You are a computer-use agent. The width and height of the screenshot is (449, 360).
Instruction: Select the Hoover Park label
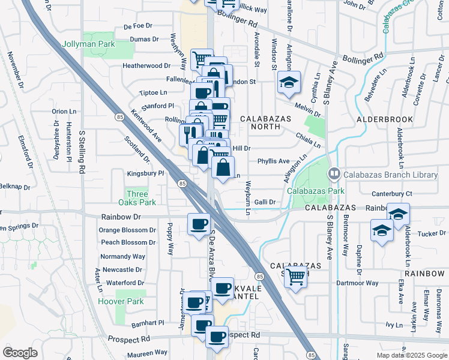click(x=121, y=301)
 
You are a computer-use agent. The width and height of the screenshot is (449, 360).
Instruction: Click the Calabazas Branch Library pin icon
click(x=335, y=174)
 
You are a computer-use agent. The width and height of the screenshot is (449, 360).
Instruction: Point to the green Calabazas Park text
click(x=315, y=191)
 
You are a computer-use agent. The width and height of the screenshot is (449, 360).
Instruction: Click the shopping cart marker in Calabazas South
click(x=295, y=277)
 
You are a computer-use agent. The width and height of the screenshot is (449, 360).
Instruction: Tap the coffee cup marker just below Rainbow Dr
click(x=198, y=224)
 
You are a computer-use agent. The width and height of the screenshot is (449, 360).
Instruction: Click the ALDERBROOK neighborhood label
click(x=385, y=119)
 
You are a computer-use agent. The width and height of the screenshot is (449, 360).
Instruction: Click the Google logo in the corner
click(x=20, y=353)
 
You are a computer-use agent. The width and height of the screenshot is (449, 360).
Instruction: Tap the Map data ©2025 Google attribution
click(x=411, y=355)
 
